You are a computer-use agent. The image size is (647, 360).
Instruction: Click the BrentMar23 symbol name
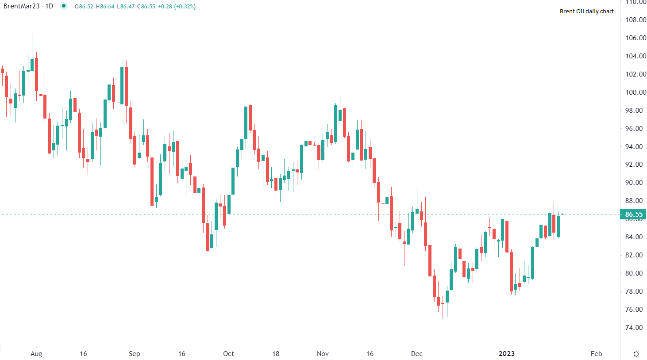[x=22, y=6]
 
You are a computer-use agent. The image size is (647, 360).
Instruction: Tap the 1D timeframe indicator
[x=49, y=6]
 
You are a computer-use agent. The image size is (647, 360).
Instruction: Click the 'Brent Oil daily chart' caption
[x=586, y=11]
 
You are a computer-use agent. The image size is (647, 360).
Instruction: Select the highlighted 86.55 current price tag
[x=633, y=214]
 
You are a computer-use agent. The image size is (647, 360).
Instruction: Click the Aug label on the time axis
[x=36, y=354]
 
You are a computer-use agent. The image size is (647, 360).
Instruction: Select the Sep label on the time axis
[x=135, y=354]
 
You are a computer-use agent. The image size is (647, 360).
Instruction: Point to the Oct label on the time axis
[x=228, y=354]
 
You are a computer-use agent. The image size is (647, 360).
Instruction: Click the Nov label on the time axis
[x=323, y=354]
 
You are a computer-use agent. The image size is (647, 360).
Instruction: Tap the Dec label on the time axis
[x=416, y=354]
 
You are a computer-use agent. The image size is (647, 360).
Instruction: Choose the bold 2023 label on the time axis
[x=507, y=354]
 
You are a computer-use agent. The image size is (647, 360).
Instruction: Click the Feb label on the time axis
[x=596, y=354]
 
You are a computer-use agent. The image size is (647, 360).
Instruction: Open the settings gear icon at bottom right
[x=636, y=354]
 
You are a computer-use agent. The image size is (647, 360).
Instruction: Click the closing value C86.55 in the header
[x=146, y=7]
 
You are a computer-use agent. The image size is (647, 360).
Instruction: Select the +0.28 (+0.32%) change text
[x=177, y=7]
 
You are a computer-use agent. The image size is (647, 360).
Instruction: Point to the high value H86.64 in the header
[x=105, y=7]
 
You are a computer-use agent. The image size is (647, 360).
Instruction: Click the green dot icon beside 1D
[x=64, y=6]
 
